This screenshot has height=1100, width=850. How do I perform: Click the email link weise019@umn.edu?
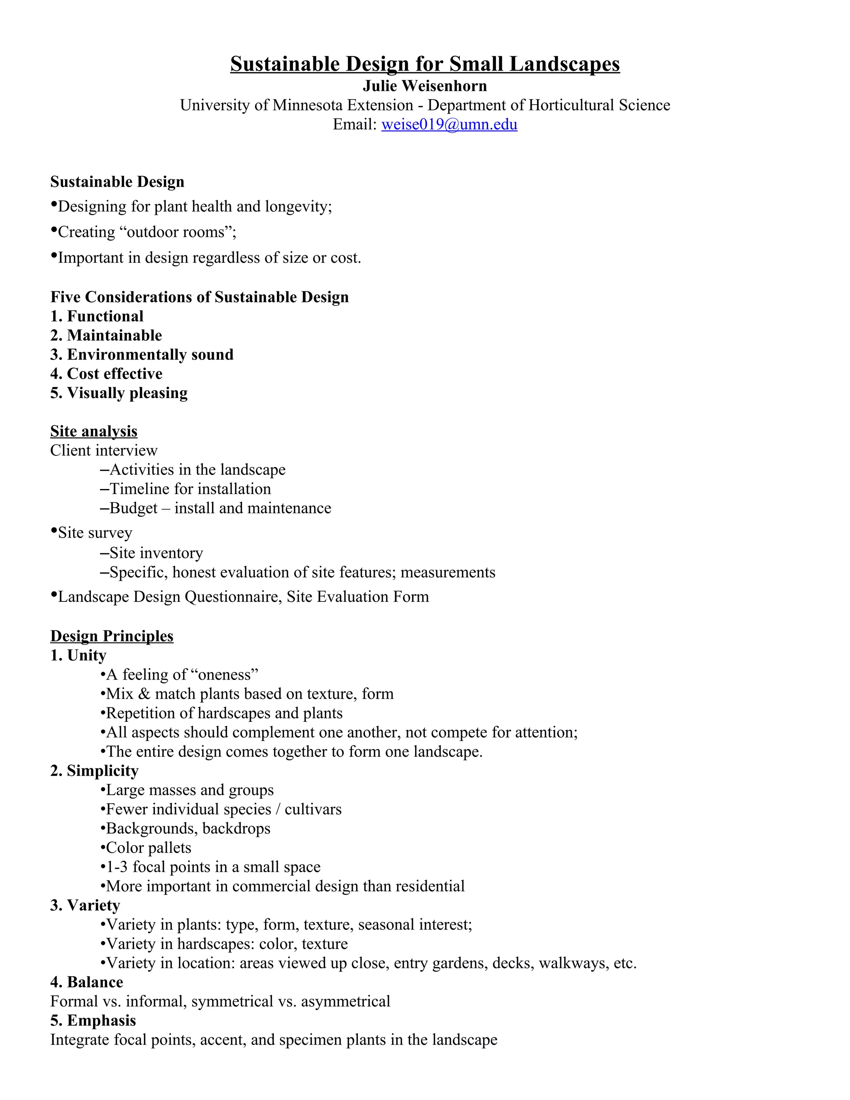click(449, 125)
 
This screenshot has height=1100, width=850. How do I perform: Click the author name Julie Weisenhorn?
click(425, 86)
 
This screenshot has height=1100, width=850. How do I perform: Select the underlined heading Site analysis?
click(94, 431)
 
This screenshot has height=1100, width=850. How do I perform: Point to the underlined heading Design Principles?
click(112, 636)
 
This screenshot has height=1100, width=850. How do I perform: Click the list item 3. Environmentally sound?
click(142, 354)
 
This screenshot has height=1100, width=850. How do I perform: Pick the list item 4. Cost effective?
click(106, 374)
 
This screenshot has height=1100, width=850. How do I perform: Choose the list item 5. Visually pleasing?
click(119, 393)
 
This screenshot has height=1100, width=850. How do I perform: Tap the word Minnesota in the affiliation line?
click(308, 105)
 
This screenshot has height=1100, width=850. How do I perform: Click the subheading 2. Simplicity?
click(94, 770)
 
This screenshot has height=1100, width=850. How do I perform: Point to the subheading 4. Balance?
click(87, 982)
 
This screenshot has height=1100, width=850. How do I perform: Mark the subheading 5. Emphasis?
click(93, 1020)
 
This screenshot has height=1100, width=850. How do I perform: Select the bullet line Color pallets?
click(148, 848)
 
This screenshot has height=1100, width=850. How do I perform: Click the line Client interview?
click(104, 450)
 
